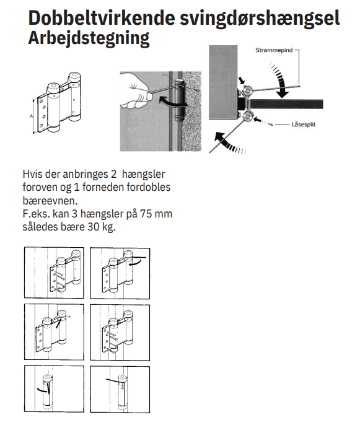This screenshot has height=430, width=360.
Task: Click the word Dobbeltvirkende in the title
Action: pos(102,18)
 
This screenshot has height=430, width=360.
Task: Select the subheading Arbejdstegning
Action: pos(89,39)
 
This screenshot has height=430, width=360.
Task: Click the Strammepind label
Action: pos(274,50)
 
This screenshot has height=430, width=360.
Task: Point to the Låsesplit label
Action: pos(304,125)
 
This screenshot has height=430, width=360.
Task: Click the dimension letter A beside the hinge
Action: pos(32,116)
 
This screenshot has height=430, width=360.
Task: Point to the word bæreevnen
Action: pos(50,201)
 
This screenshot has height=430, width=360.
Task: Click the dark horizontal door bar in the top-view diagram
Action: pos(286,104)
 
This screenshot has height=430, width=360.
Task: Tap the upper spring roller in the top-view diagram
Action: pos(248,90)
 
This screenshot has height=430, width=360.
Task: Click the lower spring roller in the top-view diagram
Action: pos(247,117)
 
